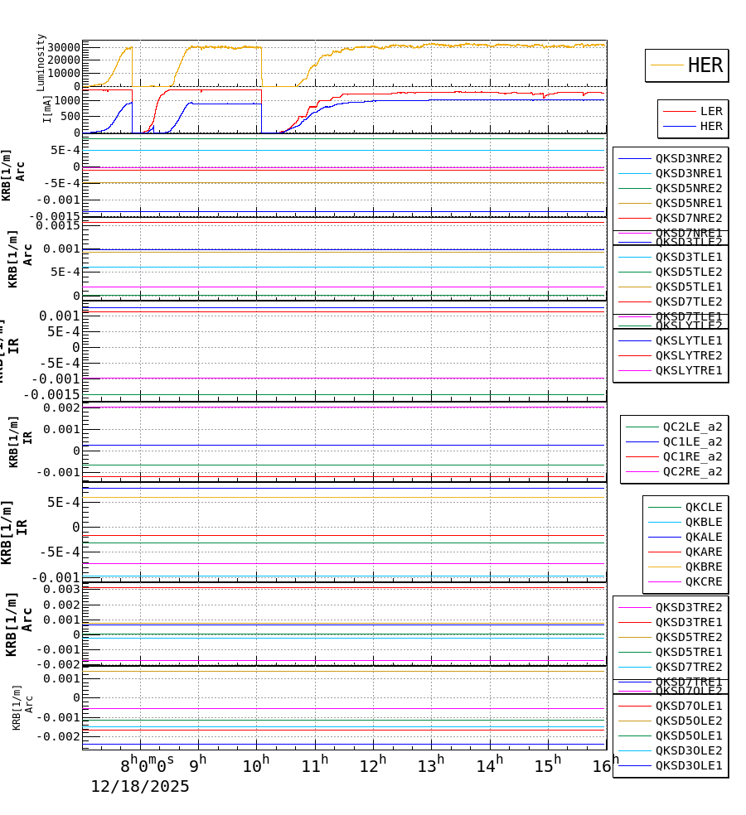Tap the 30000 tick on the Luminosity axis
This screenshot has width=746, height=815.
point(63,47)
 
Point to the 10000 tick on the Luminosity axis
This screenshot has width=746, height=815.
point(63,73)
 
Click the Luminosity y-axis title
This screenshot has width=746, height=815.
point(41,62)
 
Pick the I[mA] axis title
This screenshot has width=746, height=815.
point(47,109)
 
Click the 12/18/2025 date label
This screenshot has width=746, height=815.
point(140,787)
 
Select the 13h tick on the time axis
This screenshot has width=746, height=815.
point(430,765)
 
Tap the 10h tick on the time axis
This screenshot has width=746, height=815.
point(255,765)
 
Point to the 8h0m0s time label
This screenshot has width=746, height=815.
point(148,762)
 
